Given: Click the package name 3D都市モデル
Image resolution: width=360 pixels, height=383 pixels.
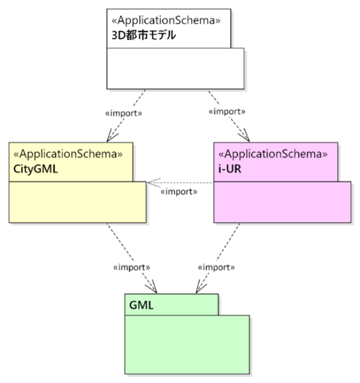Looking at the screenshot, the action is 143,35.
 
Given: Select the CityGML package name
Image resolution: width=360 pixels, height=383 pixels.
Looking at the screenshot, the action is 36,169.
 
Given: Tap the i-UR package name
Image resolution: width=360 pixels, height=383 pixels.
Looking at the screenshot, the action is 230,169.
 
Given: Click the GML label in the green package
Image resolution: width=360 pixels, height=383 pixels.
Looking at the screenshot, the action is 141,305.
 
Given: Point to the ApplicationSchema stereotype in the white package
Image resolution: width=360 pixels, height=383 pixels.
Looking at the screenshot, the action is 166,21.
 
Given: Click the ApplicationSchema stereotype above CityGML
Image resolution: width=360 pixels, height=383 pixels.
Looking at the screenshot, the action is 68,154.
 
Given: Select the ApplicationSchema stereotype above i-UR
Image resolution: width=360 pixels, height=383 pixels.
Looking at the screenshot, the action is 273,154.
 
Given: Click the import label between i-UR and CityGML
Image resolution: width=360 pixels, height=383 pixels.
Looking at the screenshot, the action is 178,192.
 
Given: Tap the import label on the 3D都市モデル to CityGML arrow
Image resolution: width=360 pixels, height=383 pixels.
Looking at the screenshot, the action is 124,113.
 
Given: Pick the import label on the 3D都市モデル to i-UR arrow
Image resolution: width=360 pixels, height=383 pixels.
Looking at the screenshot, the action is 227,111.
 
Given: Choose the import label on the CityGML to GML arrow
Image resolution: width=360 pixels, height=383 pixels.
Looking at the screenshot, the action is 131,267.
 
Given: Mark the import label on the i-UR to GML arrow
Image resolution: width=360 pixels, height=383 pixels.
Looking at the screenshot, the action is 216,267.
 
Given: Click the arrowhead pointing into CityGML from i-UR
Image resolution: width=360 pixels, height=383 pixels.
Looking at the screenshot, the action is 153,182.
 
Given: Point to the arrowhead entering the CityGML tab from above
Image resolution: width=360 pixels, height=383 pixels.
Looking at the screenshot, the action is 112,136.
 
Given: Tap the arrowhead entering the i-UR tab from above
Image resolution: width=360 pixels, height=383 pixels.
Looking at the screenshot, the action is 245,136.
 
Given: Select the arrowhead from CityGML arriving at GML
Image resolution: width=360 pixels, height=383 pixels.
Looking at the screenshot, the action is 152,287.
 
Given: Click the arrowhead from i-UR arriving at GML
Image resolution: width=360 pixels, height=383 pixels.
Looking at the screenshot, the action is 200,287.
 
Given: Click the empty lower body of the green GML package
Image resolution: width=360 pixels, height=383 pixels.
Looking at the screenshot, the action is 187,345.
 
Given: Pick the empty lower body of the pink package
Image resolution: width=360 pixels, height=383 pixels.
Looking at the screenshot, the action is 282,202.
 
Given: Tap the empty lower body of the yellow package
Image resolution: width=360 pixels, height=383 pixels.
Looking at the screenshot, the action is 78,202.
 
